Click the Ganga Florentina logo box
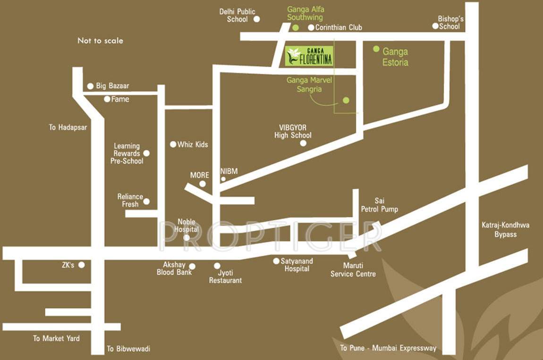[309, 56]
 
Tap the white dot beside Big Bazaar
[90, 86]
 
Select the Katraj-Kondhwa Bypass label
[506, 229]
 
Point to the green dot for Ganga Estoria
[376, 49]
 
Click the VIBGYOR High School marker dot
[303, 143]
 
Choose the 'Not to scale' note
[100, 41]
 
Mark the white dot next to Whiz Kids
[173, 144]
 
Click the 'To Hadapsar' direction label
[68, 127]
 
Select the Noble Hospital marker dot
[187, 237]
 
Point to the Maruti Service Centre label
[353, 270]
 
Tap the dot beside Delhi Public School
[257, 19]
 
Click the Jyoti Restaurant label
[225, 276]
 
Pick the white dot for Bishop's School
[435, 26]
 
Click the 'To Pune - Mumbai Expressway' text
[388, 349]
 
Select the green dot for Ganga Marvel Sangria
[346, 100]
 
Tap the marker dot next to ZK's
[82, 265]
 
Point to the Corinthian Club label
[339, 27]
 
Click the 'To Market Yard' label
[56, 338]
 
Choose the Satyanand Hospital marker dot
[276, 260]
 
